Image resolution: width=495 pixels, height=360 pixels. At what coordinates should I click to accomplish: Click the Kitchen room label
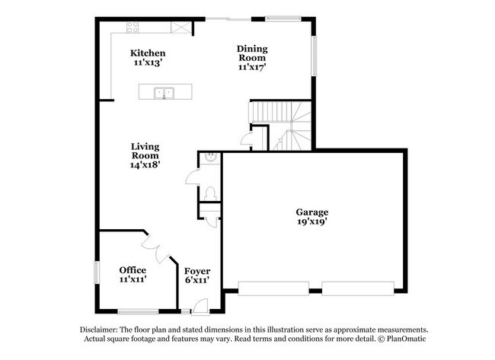(148, 53)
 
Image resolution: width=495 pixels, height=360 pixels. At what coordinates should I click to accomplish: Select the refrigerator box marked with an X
(180, 29)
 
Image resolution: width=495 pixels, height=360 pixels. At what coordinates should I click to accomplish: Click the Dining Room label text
(252, 53)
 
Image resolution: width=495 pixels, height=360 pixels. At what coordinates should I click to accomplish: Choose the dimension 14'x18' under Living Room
(144, 164)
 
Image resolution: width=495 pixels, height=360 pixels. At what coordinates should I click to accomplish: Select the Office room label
(133, 270)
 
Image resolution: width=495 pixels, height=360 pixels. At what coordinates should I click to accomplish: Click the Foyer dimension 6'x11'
(197, 281)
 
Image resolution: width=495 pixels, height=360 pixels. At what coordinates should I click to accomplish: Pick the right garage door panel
(356, 288)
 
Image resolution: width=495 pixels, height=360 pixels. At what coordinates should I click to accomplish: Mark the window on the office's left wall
(96, 272)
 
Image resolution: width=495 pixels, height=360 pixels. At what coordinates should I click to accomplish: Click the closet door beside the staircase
(246, 139)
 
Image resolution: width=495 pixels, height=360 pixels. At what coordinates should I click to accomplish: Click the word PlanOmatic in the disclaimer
(407, 339)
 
